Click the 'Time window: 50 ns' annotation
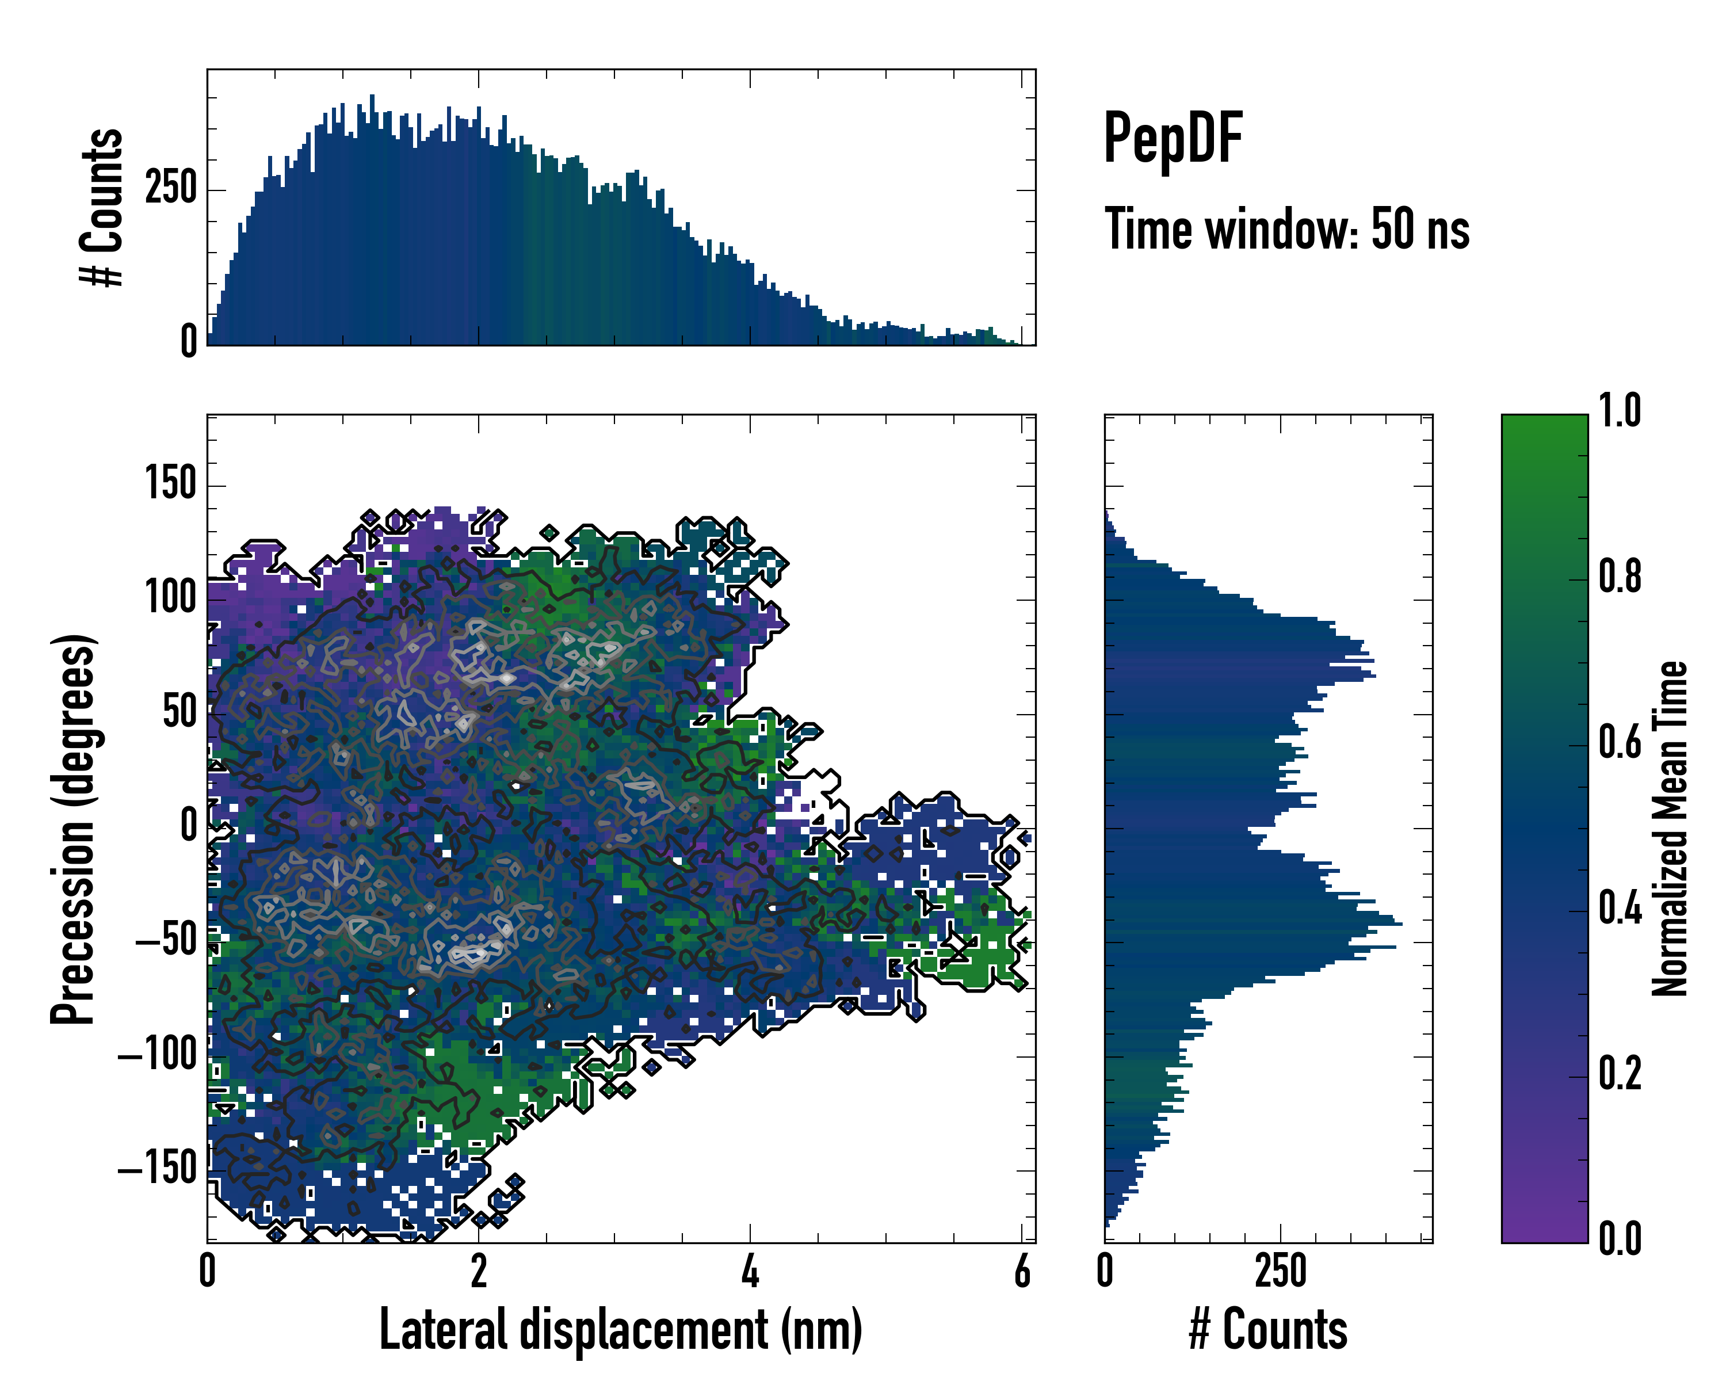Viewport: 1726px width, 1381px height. [1286, 230]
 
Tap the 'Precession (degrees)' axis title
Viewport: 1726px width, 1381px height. [74, 829]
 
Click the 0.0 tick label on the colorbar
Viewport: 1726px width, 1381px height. [1620, 1238]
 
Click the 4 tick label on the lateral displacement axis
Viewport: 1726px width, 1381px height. [750, 1271]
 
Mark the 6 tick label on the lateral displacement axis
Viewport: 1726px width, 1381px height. [1022, 1271]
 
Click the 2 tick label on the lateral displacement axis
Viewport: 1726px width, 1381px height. [479, 1271]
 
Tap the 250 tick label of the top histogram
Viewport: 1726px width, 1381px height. [170, 189]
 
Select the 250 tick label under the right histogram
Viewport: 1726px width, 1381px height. [1281, 1271]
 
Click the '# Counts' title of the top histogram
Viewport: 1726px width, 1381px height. [102, 207]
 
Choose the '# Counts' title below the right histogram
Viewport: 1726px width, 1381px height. [1268, 1329]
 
